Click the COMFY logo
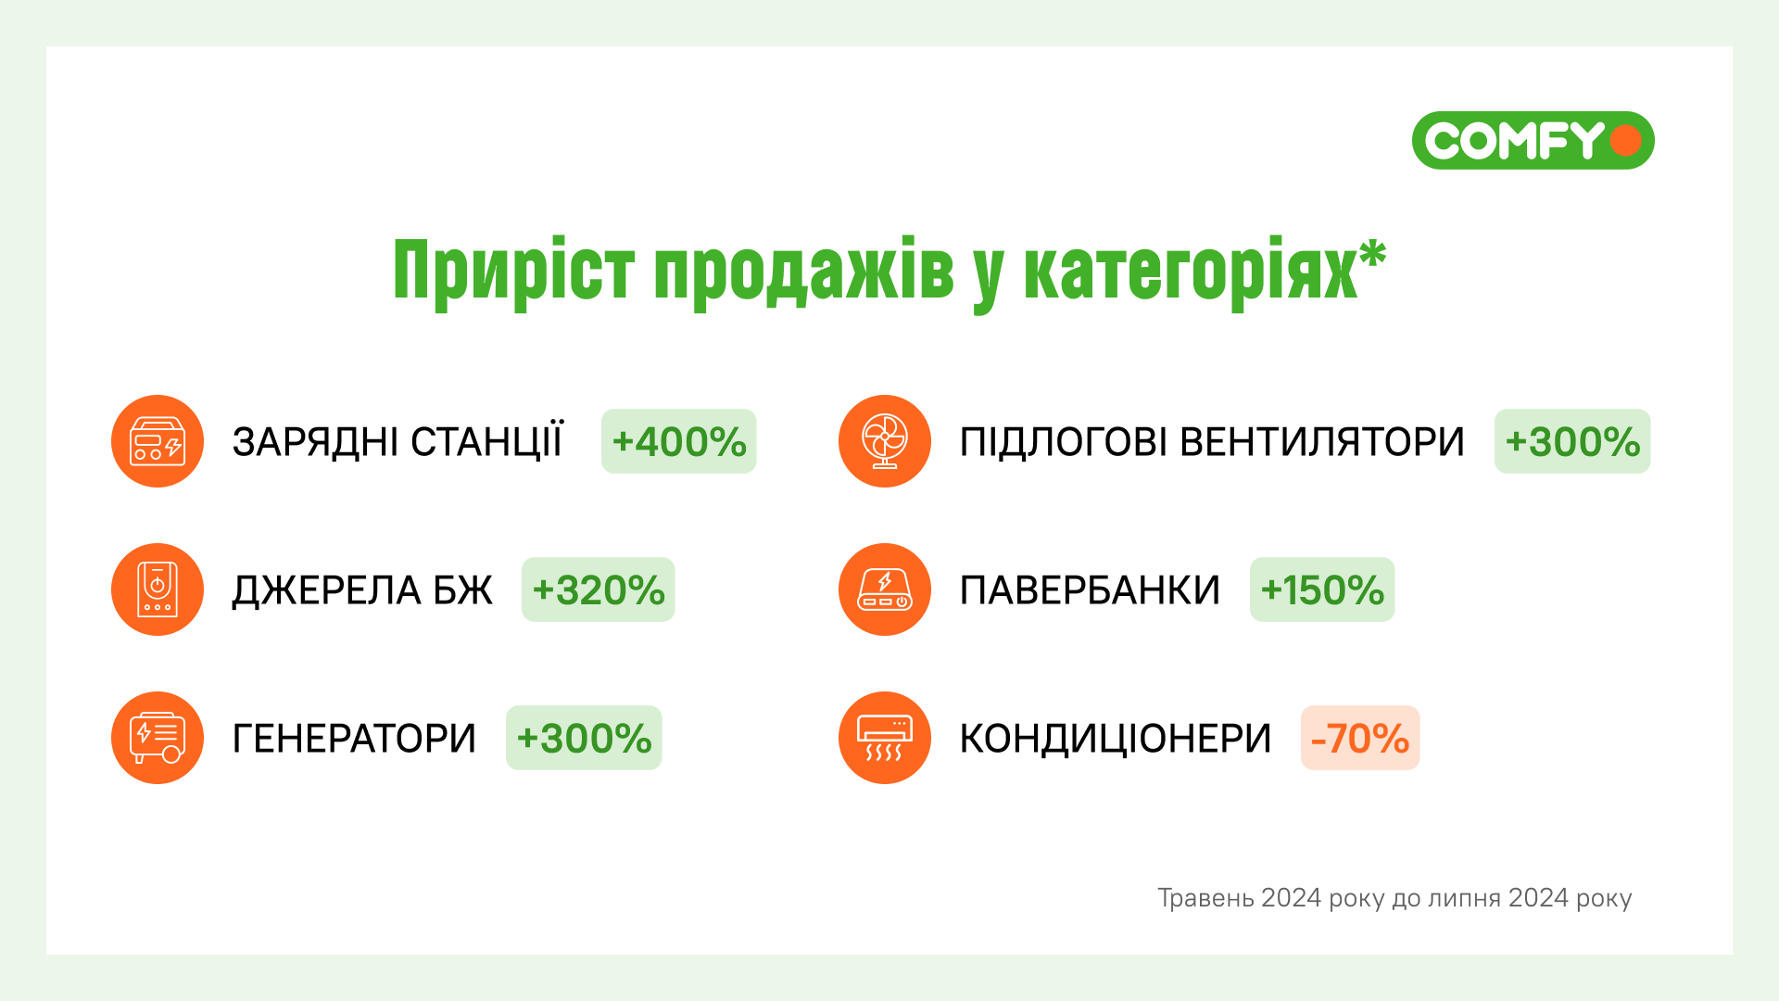point(1533,141)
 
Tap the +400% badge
point(679,441)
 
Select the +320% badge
point(599,589)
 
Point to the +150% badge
point(1322,589)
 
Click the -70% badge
point(1360,738)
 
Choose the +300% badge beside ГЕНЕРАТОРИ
point(584,738)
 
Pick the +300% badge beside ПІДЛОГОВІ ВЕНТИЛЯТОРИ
point(1572,441)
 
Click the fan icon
point(885,441)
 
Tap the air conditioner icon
point(885,738)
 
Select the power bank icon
point(885,589)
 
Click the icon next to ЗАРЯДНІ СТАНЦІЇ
point(158,441)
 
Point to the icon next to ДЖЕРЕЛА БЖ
point(158,589)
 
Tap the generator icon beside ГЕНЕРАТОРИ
point(158,738)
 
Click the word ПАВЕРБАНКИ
point(1090,590)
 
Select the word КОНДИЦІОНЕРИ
point(1116,739)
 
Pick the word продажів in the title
point(803,271)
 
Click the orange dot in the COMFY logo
point(1626,141)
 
